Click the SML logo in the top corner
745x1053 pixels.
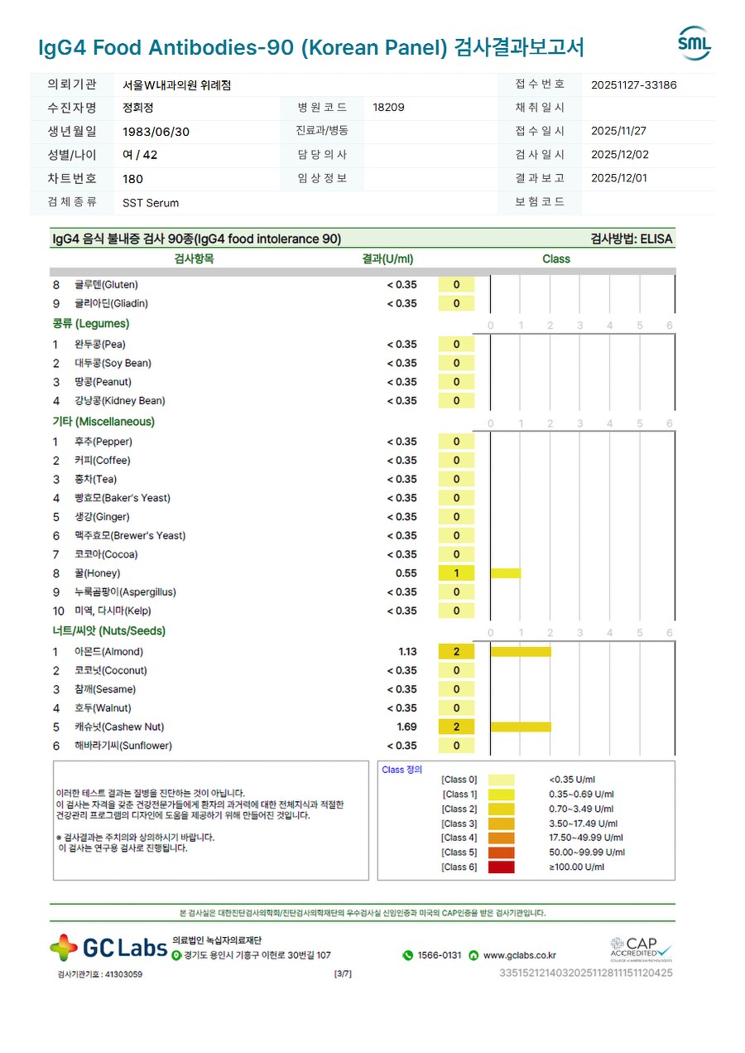point(694,44)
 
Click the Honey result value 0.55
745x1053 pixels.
point(406,573)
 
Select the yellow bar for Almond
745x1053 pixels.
point(520,652)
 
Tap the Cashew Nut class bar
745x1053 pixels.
point(520,727)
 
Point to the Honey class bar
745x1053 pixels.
point(505,573)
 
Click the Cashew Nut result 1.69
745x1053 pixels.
point(406,727)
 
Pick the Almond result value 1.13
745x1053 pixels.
point(406,652)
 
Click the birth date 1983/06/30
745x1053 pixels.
point(156,131)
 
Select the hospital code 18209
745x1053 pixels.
point(388,107)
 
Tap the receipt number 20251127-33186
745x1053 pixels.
point(633,85)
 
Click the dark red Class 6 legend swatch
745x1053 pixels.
point(501,867)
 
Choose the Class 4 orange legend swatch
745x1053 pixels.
point(501,838)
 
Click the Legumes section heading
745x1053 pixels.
point(91,324)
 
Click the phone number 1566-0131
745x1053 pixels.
point(439,955)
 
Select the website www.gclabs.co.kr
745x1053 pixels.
point(519,955)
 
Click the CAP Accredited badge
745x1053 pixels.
point(641,948)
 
